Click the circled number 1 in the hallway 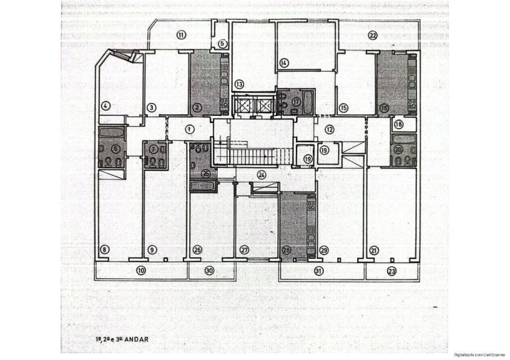[190, 129]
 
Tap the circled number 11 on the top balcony [181, 35]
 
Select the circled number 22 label [373, 36]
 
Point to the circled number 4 [106, 107]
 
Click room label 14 [284, 63]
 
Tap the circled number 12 [329, 129]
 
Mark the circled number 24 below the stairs [262, 174]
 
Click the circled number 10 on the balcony [141, 270]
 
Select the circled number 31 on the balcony [319, 271]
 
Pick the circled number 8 [105, 250]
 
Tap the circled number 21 [373, 250]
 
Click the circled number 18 [398, 124]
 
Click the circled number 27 [244, 250]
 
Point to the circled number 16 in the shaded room [384, 108]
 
